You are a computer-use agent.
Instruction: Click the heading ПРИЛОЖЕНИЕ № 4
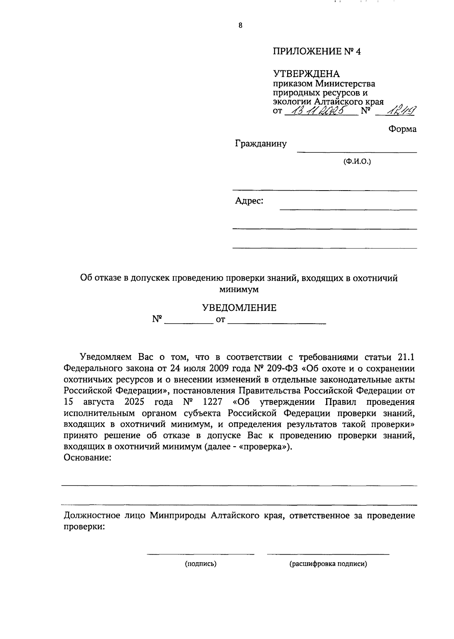(x=317, y=51)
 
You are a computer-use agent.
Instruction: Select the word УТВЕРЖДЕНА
(x=306, y=74)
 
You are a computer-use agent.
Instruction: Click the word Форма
(x=402, y=129)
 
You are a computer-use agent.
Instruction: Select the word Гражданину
(x=261, y=144)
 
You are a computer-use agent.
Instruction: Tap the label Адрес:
(x=249, y=201)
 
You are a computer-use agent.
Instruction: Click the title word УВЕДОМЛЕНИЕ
(x=239, y=308)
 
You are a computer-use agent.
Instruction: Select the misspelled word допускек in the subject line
(x=150, y=278)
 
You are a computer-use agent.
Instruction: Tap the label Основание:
(x=88, y=458)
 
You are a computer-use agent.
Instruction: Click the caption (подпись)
(x=201, y=564)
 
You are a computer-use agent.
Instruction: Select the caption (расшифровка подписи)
(x=328, y=564)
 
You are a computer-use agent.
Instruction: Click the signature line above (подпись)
(x=201, y=554)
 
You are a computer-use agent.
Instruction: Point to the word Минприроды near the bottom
(x=178, y=516)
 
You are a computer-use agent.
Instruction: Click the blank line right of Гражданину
(x=357, y=151)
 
